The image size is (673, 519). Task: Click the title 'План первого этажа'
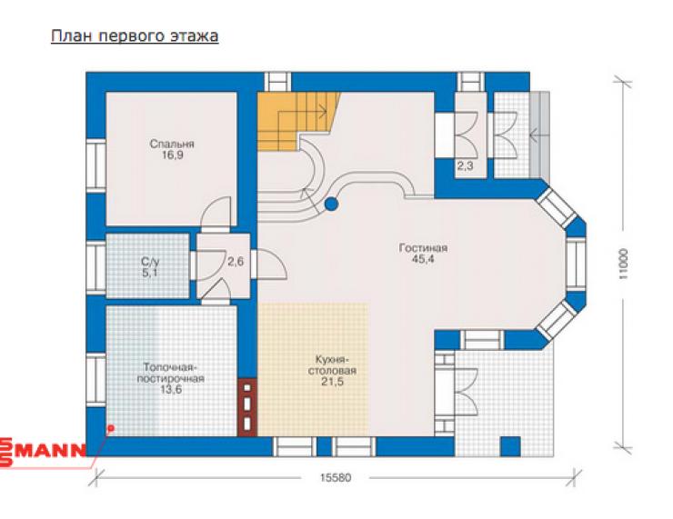(x=135, y=36)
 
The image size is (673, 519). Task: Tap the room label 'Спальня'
(x=172, y=144)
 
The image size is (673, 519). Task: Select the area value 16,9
(x=172, y=155)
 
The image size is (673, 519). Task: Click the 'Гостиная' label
(x=423, y=248)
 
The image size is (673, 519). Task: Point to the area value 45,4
(x=423, y=259)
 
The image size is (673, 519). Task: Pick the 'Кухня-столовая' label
(x=332, y=365)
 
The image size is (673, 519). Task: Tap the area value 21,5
(x=332, y=382)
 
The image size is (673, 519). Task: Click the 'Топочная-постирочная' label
(x=170, y=374)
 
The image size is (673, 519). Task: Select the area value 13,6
(x=171, y=389)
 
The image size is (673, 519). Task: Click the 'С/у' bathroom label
(x=150, y=262)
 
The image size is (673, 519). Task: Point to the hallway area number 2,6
(x=236, y=261)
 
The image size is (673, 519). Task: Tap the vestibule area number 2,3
(x=466, y=165)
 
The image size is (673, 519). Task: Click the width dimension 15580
(x=336, y=477)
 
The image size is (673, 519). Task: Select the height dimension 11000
(x=624, y=264)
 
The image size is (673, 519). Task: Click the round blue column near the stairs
(x=331, y=205)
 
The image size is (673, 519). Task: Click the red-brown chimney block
(x=247, y=406)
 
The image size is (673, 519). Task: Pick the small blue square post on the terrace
(x=510, y=446)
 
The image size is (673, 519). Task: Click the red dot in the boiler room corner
(x=111, y=428)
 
